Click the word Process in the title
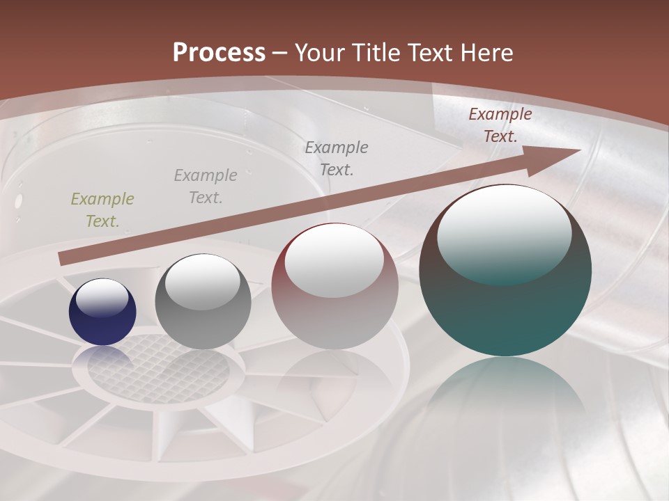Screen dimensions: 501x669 [219, 53]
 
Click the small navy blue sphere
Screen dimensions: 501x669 [102, 312]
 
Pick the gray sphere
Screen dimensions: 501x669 [203, 302]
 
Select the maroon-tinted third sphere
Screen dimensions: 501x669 [334, 287]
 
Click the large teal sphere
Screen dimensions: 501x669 [505, 271]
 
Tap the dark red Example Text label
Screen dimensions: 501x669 [500, 125]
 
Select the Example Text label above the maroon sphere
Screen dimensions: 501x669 [337, 158]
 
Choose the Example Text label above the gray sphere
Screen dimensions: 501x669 [206, 186]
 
